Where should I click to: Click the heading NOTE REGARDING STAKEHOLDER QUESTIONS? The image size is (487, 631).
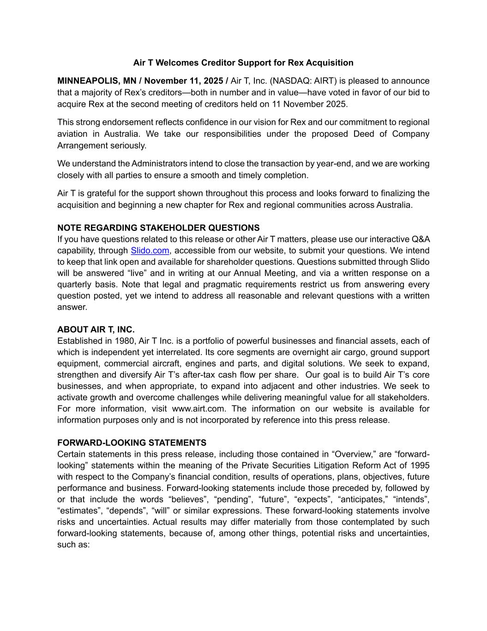(x=158, y=228)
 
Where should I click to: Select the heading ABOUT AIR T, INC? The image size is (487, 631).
(x=96, y=330)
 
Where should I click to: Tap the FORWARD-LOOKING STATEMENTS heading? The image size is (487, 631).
(x=132, y=443)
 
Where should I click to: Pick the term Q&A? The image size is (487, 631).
(x=420, y=239)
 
